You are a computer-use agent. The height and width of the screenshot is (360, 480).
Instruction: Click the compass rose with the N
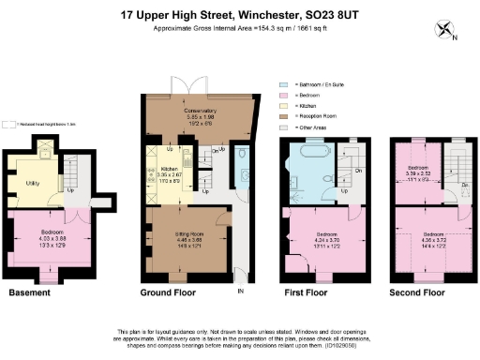click(444, 31)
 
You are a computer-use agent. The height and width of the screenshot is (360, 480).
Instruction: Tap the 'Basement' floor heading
click(29, 292)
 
